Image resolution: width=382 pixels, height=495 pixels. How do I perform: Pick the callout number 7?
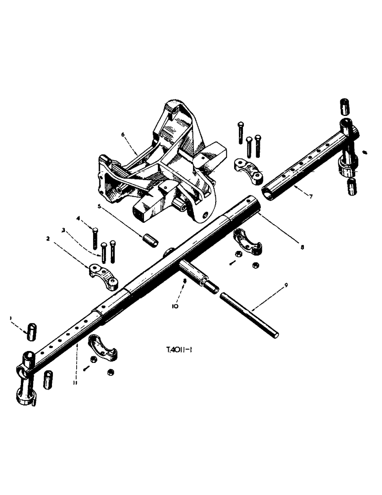[310, 197]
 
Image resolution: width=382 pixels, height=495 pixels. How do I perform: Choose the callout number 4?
[78, 218]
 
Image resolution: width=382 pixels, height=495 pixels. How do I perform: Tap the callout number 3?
[63, 230]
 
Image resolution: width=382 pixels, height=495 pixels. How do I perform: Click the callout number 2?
[48, 239]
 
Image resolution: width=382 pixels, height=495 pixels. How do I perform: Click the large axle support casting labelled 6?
[158, 168]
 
